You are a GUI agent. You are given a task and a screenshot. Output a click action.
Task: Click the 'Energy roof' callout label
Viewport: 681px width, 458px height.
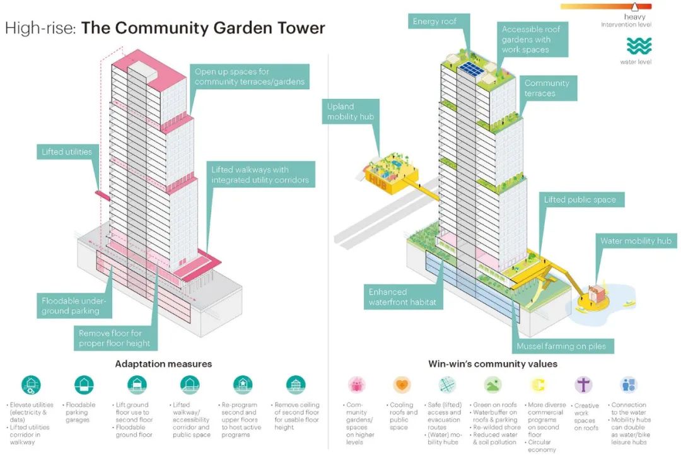pos(434,21)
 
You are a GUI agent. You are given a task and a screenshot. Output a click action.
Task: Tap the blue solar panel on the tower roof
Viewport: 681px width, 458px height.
pos(472,69)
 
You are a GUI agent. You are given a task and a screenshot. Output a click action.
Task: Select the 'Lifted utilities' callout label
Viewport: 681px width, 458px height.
pos(67,151)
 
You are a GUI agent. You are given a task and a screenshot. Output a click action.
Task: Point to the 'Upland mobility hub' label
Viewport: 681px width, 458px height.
pos(351,112)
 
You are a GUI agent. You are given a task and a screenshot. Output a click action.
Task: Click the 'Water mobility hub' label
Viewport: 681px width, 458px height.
pos(636,241)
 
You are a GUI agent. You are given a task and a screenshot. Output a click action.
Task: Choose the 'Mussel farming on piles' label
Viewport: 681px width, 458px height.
pos(561,346)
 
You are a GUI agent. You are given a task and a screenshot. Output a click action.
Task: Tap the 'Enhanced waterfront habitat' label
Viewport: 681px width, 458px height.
pos(402,297)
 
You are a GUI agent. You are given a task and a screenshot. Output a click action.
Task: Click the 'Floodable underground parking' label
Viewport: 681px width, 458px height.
pos(74,305)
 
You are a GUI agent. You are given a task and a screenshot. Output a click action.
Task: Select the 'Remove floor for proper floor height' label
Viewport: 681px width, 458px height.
pos(115,338)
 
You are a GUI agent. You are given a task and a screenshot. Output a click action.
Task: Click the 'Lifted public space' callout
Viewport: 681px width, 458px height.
pos(580,199)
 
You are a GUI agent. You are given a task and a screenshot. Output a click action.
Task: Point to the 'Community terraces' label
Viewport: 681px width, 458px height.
pos(546,88)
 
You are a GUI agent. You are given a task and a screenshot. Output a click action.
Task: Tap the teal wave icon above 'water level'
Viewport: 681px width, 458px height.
pos(639,46)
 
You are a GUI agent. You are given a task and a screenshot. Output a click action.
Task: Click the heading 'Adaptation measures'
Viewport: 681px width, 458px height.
pos(164,364)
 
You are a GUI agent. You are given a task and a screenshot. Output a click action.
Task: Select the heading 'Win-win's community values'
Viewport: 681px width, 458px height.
pos(493,364)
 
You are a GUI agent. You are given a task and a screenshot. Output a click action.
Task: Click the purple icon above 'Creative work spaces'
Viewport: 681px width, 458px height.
pos(583,385)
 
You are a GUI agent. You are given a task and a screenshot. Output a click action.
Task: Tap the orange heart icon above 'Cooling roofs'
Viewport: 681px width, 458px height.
pos(402,385)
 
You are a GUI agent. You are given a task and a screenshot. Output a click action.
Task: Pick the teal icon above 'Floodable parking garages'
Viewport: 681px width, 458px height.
pos(84,385)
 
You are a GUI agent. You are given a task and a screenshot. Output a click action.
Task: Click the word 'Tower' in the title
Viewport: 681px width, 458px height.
pos(301,28)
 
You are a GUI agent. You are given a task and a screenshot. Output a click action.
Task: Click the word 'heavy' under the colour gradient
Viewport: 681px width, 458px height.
pos(634,17)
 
